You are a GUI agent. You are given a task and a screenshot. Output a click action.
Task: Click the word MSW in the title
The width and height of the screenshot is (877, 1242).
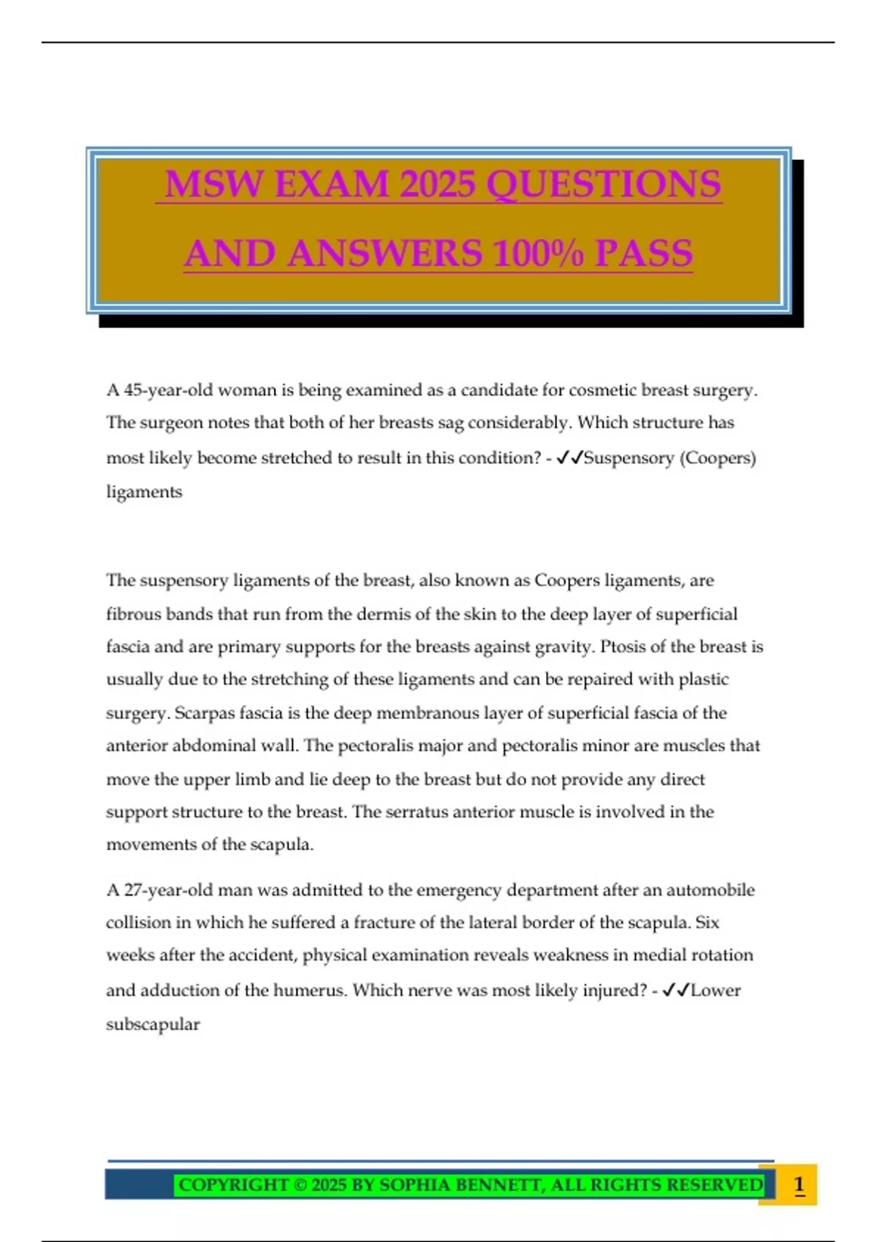tap(213, 183)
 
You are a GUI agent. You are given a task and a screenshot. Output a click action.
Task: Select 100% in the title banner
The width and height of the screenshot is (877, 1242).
tap(538, 254)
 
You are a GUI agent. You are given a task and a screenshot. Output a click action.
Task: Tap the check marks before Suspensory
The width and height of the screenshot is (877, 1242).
tap(569, 458)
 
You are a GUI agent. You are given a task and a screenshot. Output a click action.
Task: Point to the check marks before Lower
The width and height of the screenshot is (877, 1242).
tap(675, 991)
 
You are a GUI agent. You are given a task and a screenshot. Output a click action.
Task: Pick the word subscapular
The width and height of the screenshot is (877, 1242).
tap(153, 1024)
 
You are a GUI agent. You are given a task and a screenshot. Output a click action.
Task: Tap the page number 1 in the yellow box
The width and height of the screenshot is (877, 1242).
tap(799, 1184)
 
